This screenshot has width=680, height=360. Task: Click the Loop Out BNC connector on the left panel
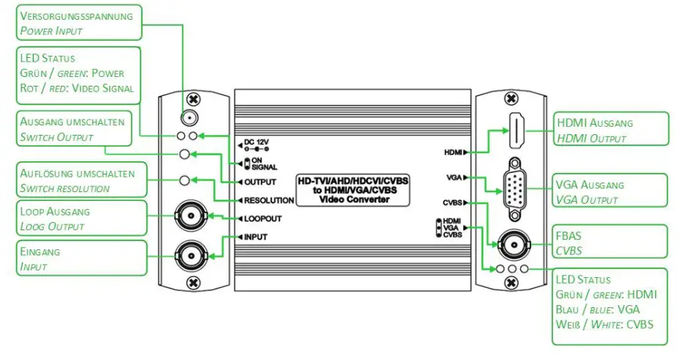[x=190, y=216]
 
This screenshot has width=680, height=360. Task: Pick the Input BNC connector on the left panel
[x=190, y=255]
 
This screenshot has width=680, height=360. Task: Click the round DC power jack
[x=189, y=117]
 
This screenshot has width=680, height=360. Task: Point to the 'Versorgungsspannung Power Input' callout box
[x=78, y=23]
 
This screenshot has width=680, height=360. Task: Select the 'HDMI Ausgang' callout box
[x=610, y=131]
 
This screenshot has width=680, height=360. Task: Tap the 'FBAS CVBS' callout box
[x=610, y=242]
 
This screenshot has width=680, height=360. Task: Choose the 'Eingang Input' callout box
[x=78, y=259]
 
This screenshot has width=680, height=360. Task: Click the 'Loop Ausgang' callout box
[x=78, y=218]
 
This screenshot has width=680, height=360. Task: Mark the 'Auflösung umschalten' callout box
[x=78, y=180]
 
